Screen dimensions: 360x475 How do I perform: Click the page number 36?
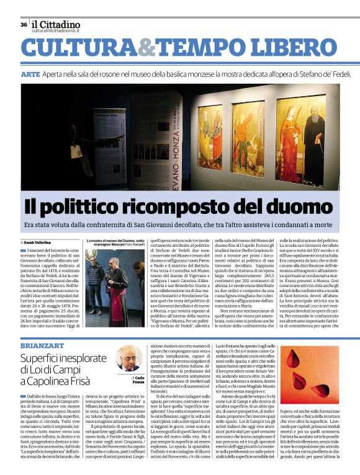click(x=24, y=25)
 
